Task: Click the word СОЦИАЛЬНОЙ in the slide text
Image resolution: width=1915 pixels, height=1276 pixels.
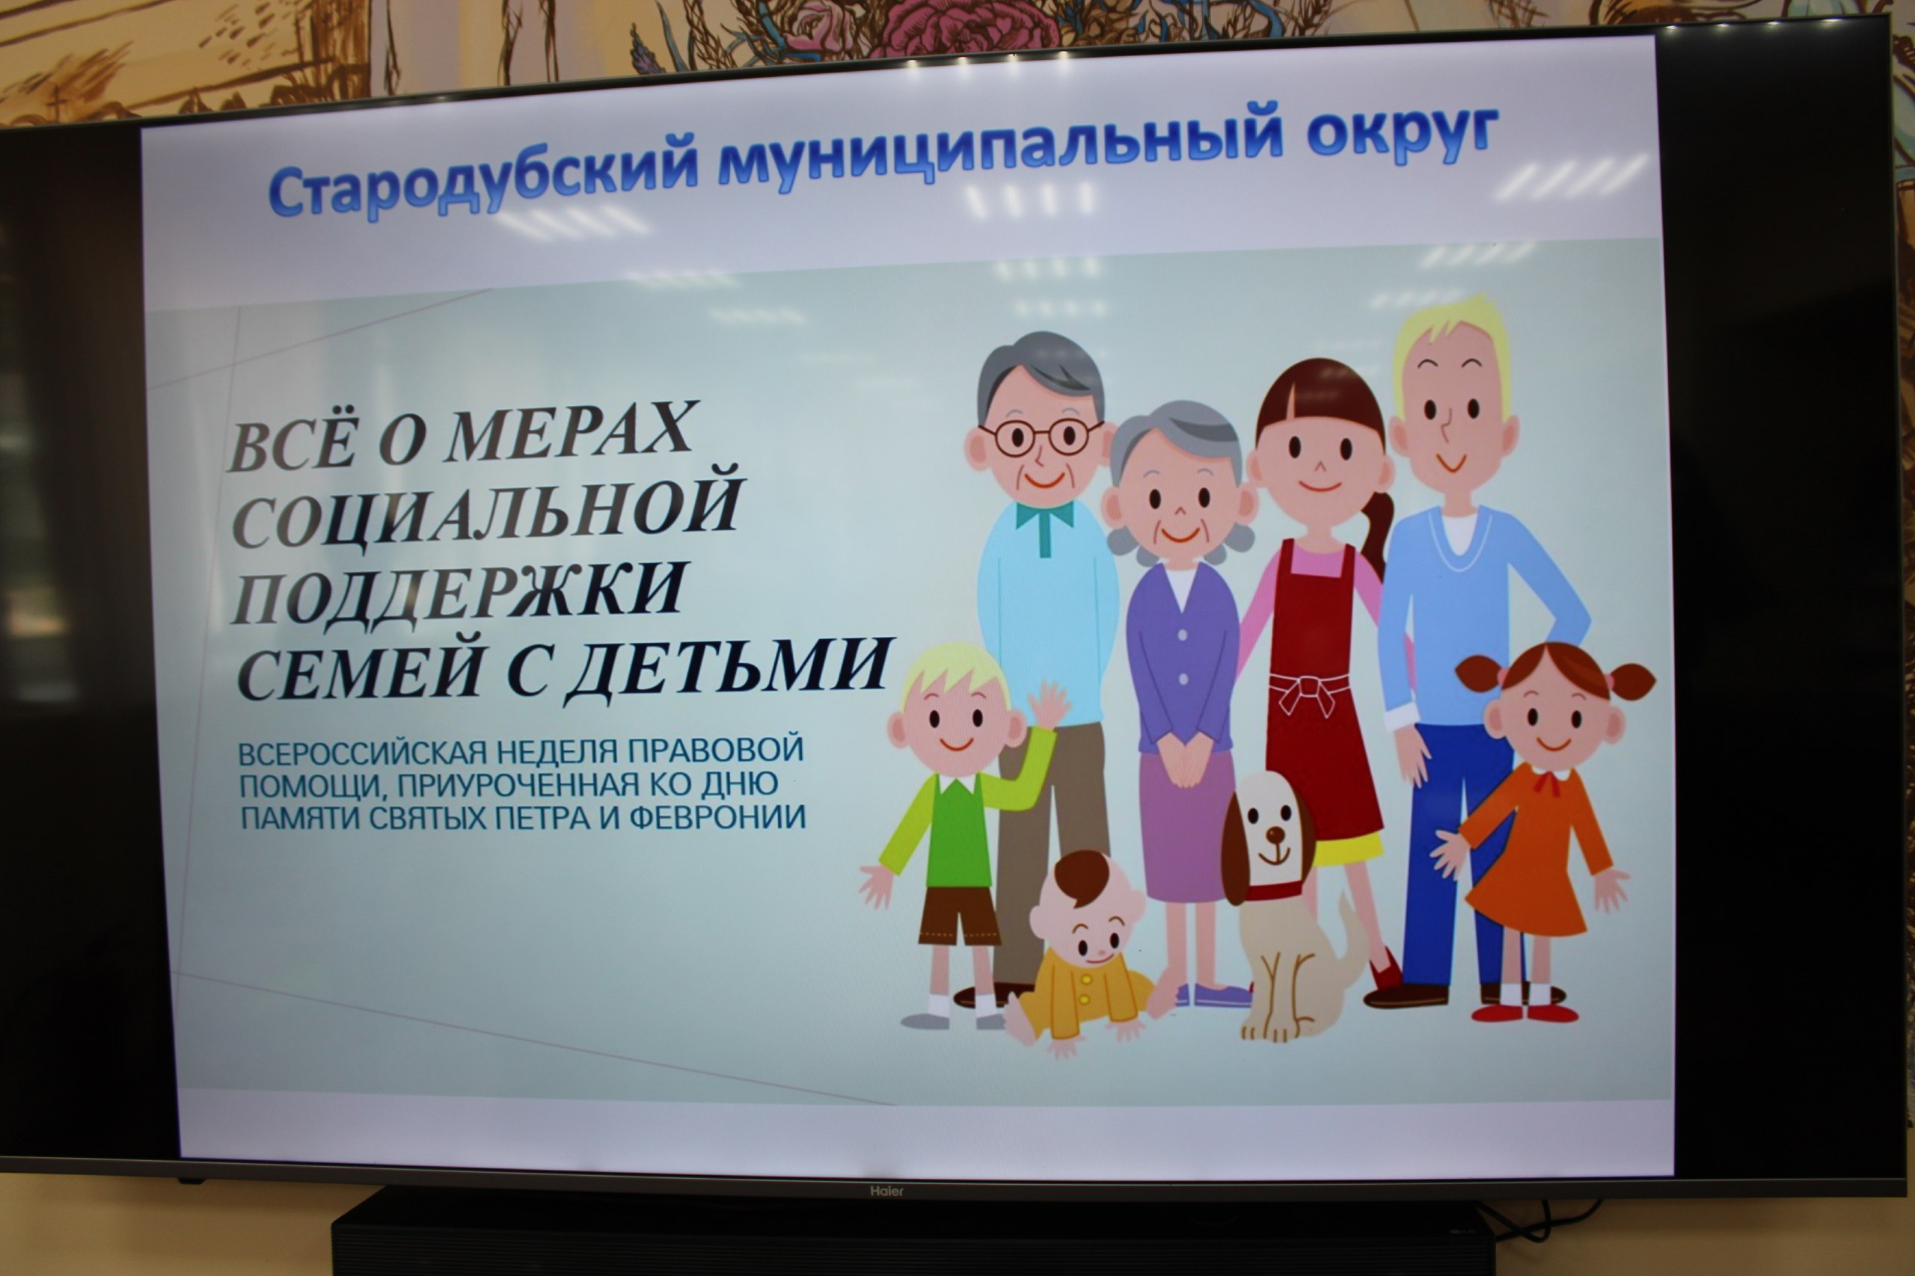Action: coord(487,508)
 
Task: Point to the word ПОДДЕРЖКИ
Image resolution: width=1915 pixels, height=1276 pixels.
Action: coord(458,594)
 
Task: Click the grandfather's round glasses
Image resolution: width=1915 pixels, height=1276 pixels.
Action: coord(1040,437)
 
